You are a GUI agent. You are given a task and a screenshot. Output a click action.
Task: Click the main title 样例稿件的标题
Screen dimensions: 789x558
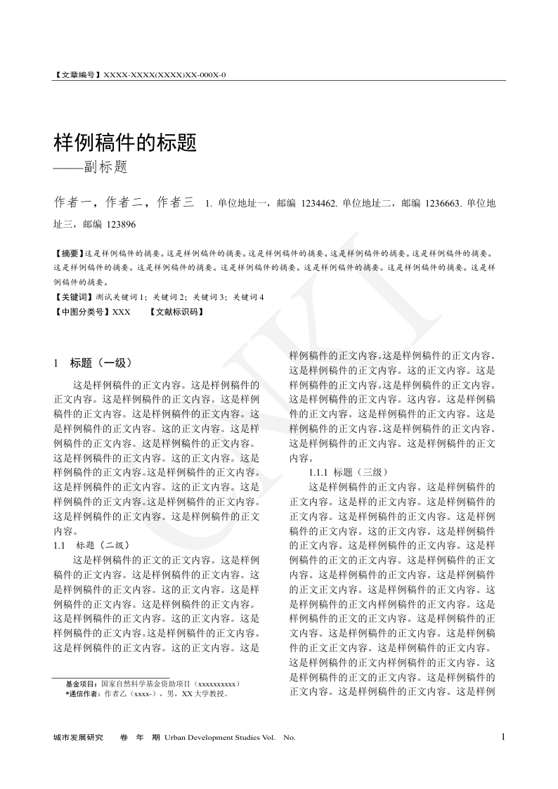coord(124,143)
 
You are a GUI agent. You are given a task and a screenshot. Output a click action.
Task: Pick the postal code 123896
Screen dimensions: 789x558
coord(119,225)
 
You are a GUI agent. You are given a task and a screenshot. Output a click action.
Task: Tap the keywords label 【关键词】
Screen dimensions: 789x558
coord(73,297)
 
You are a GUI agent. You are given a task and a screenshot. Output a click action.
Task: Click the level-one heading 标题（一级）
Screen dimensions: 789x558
coord(100,363)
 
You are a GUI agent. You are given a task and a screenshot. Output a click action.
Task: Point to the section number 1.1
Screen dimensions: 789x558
coord(60,545)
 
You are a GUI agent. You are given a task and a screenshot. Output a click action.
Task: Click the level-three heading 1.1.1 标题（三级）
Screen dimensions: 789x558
coord(348,472)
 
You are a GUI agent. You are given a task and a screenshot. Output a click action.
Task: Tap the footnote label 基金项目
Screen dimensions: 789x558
coord(80,683)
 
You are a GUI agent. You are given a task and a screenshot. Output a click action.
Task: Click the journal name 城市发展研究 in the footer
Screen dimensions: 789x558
coord(78,737)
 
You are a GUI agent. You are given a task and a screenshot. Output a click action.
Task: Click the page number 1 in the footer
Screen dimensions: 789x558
coord(503,736)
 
